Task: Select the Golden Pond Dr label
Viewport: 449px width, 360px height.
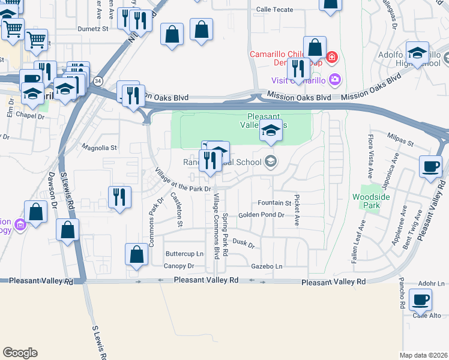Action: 261,215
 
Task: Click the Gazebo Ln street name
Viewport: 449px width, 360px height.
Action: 267,266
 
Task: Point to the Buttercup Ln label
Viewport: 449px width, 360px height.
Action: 185,254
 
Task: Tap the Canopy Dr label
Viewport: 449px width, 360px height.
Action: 179,266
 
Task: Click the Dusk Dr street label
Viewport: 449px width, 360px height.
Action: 244,244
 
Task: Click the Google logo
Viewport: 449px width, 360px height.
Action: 20,353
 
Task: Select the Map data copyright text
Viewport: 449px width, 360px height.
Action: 424,355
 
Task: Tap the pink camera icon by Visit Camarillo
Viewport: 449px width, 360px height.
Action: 335,79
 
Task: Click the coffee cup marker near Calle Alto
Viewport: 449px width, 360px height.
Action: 420,299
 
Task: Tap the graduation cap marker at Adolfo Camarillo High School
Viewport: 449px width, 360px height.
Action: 417,52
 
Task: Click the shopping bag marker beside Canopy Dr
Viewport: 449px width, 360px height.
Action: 137,254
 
